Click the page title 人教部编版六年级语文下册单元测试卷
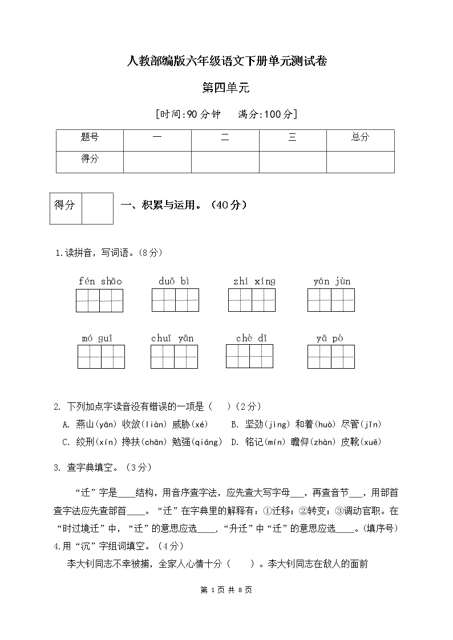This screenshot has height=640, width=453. coord(226,62)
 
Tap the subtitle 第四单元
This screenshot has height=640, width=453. coord(226,88)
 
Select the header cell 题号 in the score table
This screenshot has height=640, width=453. coord(90,137)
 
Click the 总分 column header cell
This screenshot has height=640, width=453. coord(360,137)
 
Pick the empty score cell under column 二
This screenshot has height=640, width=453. coord(225,162)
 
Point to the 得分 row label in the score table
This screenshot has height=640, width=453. coord(90,159)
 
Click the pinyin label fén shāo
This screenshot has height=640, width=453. coord(100,281)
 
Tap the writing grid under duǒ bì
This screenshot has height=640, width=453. coord(175,300)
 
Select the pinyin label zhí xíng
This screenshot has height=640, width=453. coord(254,281)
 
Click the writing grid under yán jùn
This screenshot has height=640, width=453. coord(331,300)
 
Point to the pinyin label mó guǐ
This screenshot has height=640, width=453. coord(96,339)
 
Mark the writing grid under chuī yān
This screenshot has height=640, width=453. coord(174,357)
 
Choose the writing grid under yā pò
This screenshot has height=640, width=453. coord(331,357)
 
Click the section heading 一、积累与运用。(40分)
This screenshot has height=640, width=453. coord(184,205)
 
